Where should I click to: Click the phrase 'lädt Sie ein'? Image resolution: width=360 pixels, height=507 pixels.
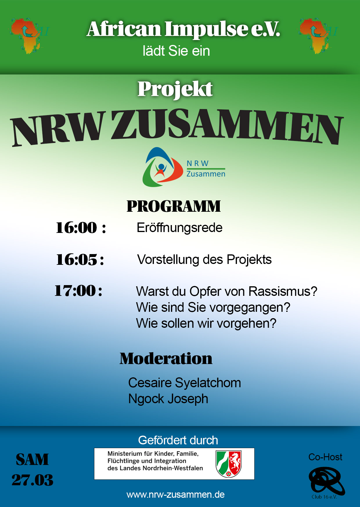(176, 51)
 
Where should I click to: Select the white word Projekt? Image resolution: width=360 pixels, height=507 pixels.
(175, 89)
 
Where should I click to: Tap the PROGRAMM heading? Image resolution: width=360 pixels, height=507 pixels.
(174, 206)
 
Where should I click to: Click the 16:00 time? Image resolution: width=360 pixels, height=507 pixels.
(76, 228)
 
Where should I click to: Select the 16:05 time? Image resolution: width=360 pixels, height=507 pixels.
(77, 260)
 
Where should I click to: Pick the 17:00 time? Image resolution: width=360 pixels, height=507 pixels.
(75, 291)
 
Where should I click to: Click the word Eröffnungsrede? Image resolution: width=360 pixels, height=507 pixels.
(179, 228)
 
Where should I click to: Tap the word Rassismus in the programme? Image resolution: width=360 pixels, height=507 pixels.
(283, 291)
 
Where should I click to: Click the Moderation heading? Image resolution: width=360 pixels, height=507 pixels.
(166, 358)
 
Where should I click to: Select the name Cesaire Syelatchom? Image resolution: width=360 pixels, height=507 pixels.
(185, 383)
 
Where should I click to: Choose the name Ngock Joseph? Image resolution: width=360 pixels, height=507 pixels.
(168, 399)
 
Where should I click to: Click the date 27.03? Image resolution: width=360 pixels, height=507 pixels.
(33, 480)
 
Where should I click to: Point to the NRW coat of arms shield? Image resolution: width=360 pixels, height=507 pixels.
(229, 463)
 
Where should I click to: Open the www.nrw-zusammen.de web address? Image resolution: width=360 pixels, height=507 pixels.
(176, 495)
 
